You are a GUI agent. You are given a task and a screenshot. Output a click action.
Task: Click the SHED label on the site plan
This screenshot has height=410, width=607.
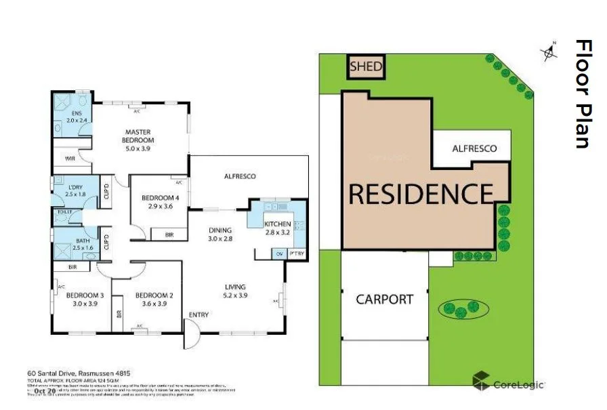tap(367, 67)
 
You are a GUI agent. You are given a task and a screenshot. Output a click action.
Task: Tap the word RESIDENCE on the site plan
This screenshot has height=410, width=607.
tap(420, 194)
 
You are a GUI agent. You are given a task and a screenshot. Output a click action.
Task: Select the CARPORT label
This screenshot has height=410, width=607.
tap(384, 299)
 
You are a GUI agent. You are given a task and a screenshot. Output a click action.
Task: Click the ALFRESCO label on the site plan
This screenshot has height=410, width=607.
tap(474, 148)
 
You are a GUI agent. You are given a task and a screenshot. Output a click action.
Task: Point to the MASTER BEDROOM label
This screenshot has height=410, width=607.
tap(138, 136)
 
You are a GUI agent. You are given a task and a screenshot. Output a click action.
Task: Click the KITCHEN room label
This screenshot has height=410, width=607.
tap(277, 224)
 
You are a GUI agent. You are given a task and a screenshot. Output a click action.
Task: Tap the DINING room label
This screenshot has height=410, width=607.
tap(220, 230)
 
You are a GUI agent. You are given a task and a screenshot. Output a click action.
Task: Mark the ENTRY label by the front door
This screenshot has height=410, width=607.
tap(198, 314)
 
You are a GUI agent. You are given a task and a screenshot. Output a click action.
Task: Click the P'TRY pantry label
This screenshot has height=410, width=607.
tap(296, 253)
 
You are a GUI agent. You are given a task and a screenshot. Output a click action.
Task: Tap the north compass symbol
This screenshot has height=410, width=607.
tap(549, 52)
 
